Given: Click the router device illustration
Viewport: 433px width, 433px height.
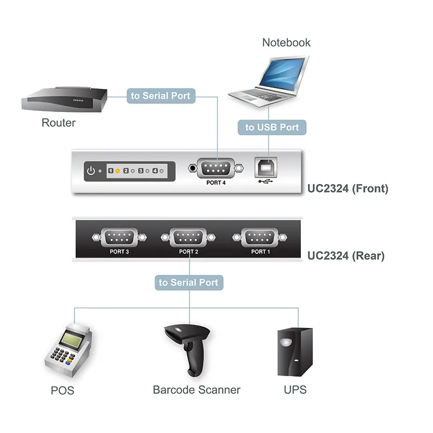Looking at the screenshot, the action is tap(64, 100).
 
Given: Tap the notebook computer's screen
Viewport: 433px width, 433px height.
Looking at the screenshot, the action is tap(282, 73).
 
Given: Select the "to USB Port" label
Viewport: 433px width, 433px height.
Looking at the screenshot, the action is tap(272, 127).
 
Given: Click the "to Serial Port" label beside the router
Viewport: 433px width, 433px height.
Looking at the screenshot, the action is tap(161, 96).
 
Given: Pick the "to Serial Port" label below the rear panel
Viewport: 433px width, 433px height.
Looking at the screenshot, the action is tap(189, 283).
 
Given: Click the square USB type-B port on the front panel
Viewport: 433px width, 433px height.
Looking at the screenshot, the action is tap(266, 167).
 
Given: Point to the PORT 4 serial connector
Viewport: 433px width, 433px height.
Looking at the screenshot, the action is tap(215, 168).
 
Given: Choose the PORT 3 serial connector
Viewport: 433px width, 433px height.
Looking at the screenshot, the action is tap(119, 237).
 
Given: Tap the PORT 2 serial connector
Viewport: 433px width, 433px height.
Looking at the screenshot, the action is tap(188, 237).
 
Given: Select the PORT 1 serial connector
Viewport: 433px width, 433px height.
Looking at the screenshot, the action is tap(260, 237).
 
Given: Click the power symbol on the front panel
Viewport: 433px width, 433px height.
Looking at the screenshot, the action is tap(91, 171).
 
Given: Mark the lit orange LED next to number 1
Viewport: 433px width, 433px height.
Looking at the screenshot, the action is tap(117, 171).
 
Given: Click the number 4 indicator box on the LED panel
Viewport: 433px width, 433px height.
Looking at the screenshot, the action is tap(155, 171).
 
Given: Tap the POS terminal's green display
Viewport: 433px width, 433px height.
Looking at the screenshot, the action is tap(72, 339).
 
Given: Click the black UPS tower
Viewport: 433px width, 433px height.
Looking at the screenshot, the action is tap(295, 352).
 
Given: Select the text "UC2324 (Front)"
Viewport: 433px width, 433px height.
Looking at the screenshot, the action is tap(347, 188).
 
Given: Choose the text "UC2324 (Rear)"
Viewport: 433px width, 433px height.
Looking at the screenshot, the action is tap(346, 255).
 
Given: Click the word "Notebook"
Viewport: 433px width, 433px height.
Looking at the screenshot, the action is tap(286, 43).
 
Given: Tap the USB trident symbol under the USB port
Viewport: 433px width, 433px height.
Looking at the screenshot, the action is tap(266, 181).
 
